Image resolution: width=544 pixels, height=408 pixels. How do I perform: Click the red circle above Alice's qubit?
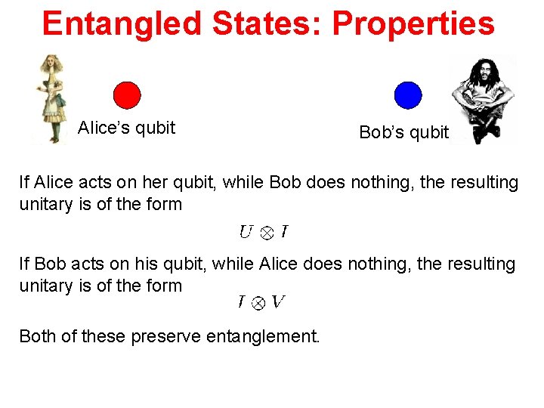coord(127,95)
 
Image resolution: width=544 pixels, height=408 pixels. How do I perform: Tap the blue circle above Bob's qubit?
coord(408,95)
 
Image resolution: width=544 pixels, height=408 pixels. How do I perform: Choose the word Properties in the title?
coord(413,23)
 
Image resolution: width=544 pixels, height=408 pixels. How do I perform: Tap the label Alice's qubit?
coord(126,128)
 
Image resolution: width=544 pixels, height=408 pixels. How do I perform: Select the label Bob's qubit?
coord(403,133)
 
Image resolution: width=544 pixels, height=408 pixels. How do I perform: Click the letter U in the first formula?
coord(246,232)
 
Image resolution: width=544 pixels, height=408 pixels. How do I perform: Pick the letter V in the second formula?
coord(277,301)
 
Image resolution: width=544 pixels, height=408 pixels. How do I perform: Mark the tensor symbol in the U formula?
coord(266,233)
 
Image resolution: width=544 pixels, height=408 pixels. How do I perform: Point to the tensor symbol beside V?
coord(258,303)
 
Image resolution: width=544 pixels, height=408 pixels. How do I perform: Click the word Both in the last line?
coord(39,335)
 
